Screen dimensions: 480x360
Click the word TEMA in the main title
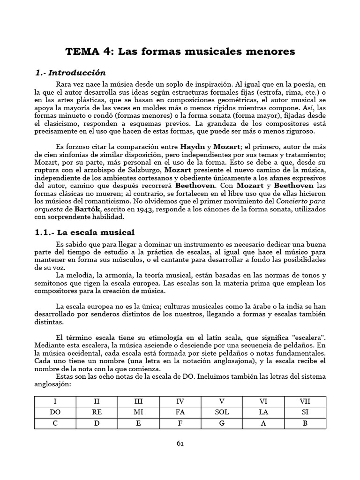pos(79,52)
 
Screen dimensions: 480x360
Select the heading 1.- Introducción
pos(71,73)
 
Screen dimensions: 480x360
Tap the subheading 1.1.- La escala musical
pos(85,232)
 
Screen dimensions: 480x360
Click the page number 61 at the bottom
pos(180,443)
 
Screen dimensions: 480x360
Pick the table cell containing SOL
pos(222,412)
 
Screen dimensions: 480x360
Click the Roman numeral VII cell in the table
pos(305,401)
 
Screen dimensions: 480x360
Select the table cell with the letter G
pos(222,423)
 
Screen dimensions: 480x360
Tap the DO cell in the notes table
pos(55,412)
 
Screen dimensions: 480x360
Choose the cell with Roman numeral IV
pos(180,401)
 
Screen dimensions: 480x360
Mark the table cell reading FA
pos(180,412)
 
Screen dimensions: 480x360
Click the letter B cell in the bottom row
pos(305,423)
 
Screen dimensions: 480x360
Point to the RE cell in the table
pos(97,412)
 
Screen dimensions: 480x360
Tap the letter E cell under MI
pos(138,423)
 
